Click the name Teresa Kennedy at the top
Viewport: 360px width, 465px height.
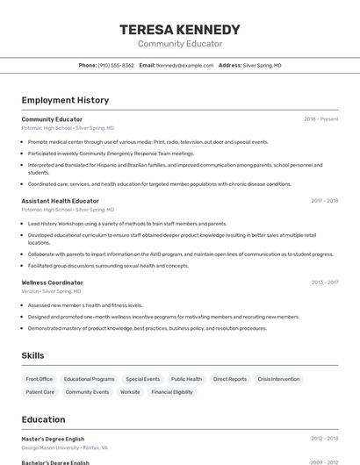click(x=179, y=30)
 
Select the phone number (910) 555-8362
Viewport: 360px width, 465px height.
click(x=116, y=65)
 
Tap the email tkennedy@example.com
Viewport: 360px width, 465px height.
click(x=184, y=65)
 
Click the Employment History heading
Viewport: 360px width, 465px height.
click(x=65, y=100)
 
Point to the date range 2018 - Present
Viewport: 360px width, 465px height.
click(x=320, y=118)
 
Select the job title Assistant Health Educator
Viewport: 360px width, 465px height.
click(x=60, y=201)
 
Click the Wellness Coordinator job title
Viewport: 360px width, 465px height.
click(x=53, y=283)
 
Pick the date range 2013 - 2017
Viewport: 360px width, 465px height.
click(x=324, y=283)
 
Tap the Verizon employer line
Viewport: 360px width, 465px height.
click(x=51, y=291)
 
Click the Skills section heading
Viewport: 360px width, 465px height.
click(x=32, y=355)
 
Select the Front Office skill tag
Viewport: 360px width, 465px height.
click(x=40, y=379)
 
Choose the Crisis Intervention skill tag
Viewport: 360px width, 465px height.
click(x=278, y=379)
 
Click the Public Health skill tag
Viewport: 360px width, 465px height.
click(x=186, y=379)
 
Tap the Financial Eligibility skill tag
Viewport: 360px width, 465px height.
click(x=172, y=392)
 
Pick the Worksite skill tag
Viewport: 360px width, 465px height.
click(x=130, y=392)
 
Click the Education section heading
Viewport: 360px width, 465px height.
click(x=43, y=419)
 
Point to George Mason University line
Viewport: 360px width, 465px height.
click(x=64, y=447)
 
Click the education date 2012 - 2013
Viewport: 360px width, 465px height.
click(x=324, y=438)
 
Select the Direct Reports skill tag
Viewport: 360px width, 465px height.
click(x=230, y=379)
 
